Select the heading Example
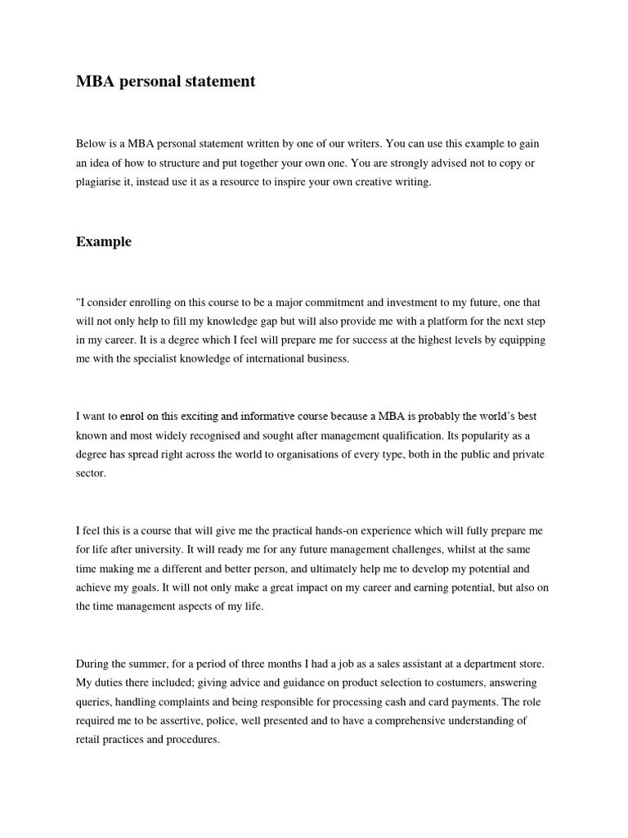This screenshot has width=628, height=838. [x=104, y=241]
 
